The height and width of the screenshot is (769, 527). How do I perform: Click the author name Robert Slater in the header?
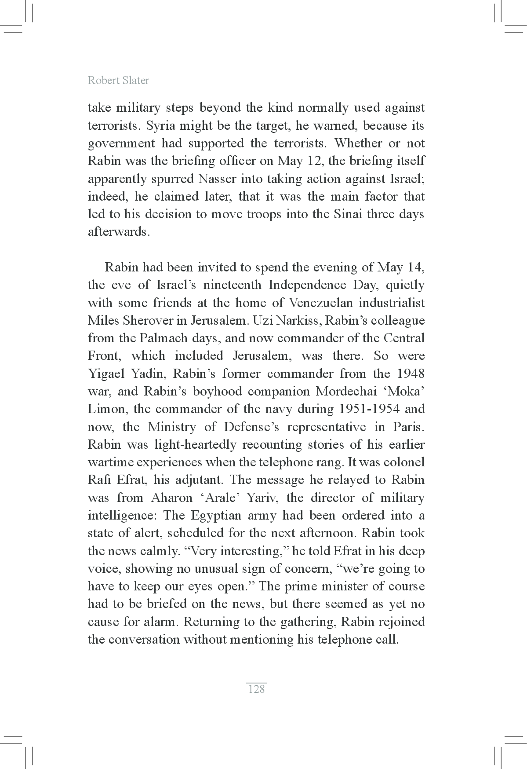(118, 81)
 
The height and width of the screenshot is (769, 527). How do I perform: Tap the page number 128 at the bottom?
(257, 689)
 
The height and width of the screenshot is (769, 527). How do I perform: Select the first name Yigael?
(106, 374)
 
